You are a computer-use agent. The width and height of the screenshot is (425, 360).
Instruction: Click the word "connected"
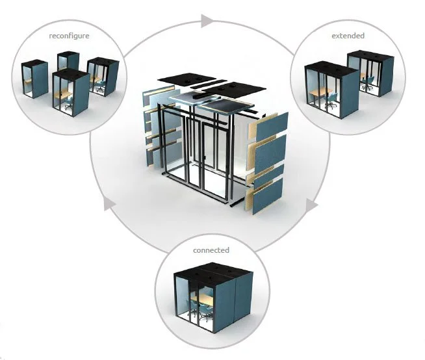(x=211, y=250)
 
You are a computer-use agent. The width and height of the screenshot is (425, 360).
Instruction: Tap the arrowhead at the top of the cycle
(x=207, y=21)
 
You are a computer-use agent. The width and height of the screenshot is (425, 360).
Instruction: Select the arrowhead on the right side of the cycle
(x=311, y=205)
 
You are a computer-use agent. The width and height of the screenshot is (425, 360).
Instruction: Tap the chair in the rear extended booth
(x=368, y=82)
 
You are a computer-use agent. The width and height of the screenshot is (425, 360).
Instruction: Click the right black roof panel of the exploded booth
(x=239, y=88)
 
